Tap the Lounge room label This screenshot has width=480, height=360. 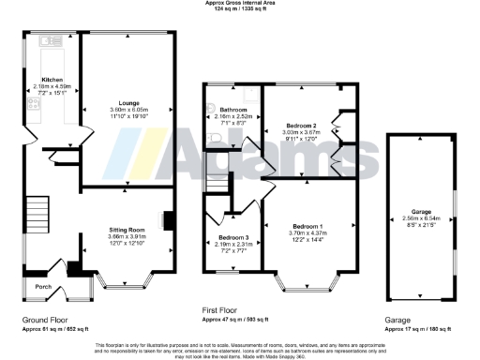(128, 104)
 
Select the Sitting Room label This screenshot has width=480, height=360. (124, 229)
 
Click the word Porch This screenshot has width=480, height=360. (43, 286)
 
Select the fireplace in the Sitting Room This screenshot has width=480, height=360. (168, 219)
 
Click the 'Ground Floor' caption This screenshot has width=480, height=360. (46, 320)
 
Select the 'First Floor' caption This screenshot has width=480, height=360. (225, 309)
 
